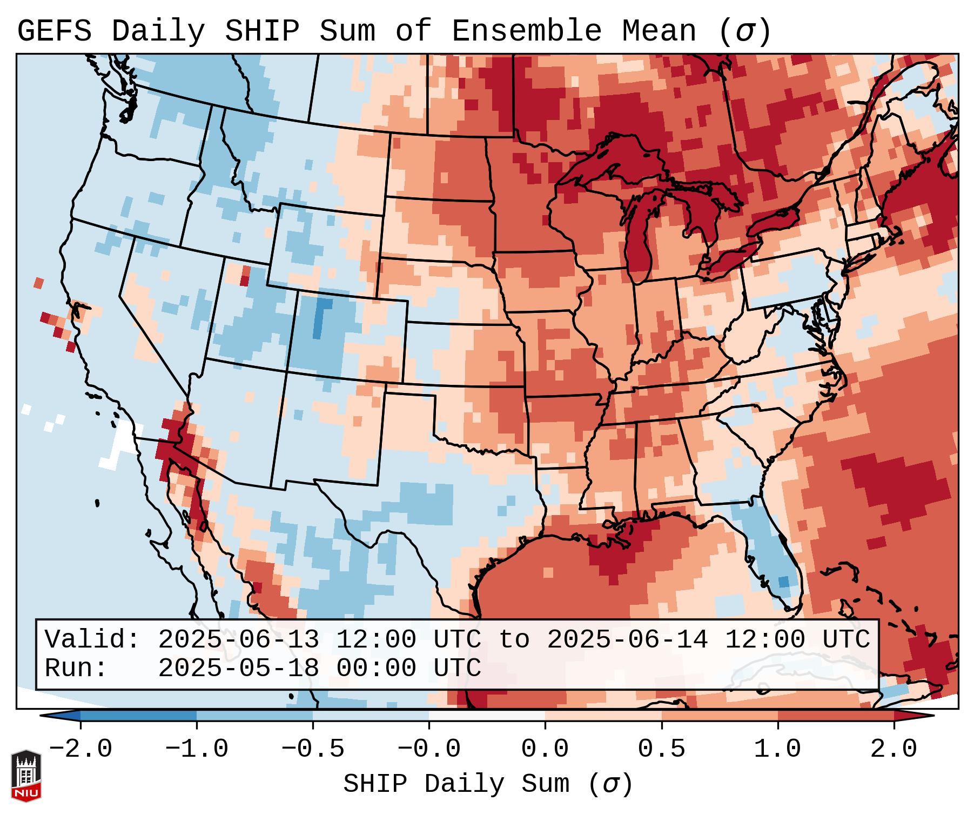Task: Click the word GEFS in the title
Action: click(54, 31)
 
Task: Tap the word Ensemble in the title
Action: click(526, 31)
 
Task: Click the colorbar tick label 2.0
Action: click(894, 750)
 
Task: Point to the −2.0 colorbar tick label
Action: click(80, 750)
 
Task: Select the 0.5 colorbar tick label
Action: click(661, 750)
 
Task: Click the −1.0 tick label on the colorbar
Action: click(197, 750)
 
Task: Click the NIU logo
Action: click(26, 775)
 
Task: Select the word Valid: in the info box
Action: click(92, 640)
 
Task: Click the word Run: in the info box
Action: click(76, 669)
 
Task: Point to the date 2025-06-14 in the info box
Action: click(627, 640)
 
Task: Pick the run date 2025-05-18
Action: click(238, 669)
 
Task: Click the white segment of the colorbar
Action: click(487, 716)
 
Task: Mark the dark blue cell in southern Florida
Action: click(783, 582)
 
